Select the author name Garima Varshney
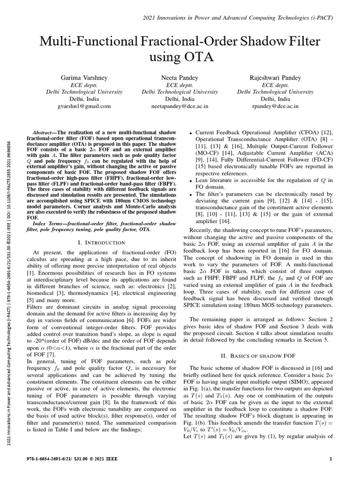coord(82,77)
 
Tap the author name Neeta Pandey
coord(180,77)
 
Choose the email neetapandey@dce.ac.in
coord(180,106)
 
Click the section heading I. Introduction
coord(101,242)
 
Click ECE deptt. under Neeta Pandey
coord(180,85)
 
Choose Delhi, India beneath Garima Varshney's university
coord(82,99)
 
